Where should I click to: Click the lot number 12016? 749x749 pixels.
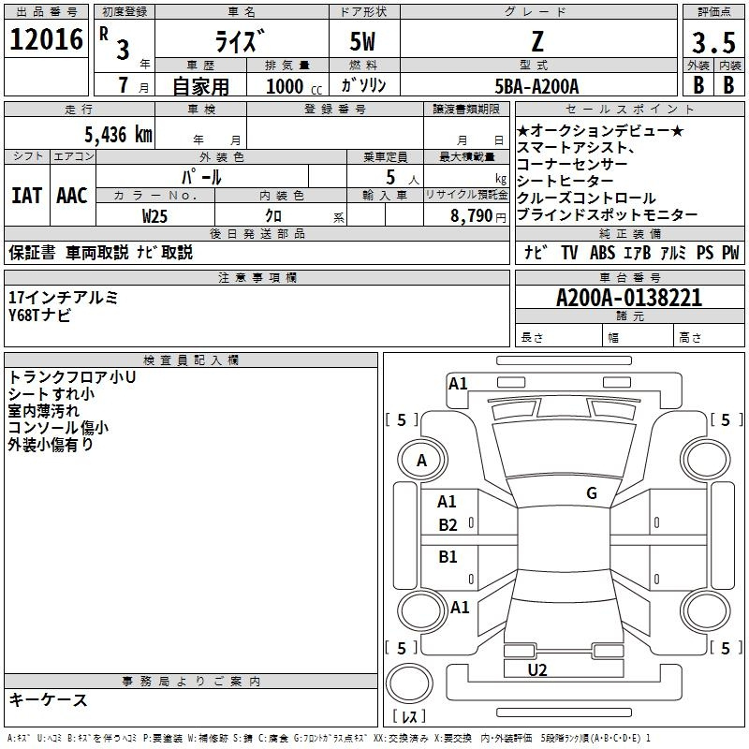[46, 39]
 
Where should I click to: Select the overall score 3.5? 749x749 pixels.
[713, 42]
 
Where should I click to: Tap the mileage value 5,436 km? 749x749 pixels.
[118, 135]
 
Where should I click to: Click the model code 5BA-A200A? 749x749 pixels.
[536, 86]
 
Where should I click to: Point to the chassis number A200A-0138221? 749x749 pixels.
[629, 298]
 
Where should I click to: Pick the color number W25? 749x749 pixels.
[154, 216]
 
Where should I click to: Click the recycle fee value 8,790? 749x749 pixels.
[471, 216]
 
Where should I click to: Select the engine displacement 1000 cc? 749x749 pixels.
[294, 86]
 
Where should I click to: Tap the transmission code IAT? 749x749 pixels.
[26, 196]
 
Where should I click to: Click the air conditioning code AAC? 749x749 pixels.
[72, 196]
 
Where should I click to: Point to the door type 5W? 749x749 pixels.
[362, 41]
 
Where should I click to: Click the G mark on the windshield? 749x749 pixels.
[592, 493]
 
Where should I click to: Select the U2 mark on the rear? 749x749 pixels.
[536, 669]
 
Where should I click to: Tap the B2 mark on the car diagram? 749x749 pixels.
[448, 525]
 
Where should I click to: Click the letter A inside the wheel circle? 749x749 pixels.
[421, 461]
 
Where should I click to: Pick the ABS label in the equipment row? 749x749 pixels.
[602, 253]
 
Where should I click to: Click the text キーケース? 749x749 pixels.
[48, 699]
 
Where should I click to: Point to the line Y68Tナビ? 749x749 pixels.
[39, 316]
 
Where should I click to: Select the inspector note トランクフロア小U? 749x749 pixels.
[72, 377]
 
